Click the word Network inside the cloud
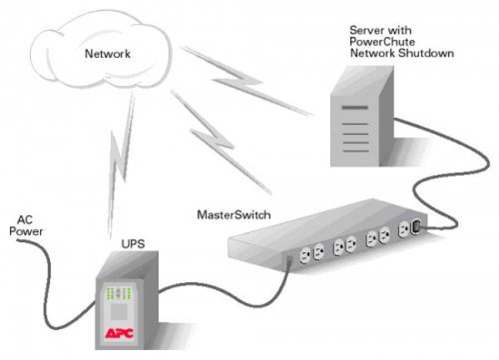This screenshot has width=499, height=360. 107,54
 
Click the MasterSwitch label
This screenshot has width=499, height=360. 234,214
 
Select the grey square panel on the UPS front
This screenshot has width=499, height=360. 118,313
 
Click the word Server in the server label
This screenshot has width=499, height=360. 364,29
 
